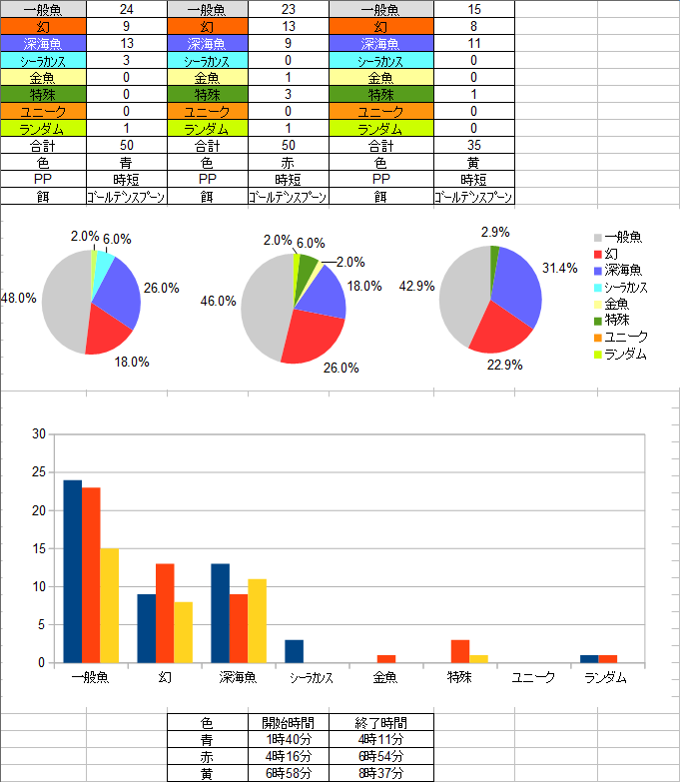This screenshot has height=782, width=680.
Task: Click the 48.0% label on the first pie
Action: pos(20,298)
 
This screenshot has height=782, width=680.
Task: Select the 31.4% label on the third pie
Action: pos(560,268)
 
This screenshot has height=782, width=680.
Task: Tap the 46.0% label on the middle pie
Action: pos(218,300)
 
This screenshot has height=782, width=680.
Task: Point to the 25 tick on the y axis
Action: pos(39,472)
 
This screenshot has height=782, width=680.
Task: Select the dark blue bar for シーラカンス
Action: pos(294,651)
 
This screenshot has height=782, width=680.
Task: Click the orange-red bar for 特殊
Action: pos(459,651)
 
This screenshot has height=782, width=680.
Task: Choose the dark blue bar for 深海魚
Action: pos(221,613)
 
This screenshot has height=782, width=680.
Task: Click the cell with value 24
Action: pos(127,7)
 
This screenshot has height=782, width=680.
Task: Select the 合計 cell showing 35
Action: pos(473,145)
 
